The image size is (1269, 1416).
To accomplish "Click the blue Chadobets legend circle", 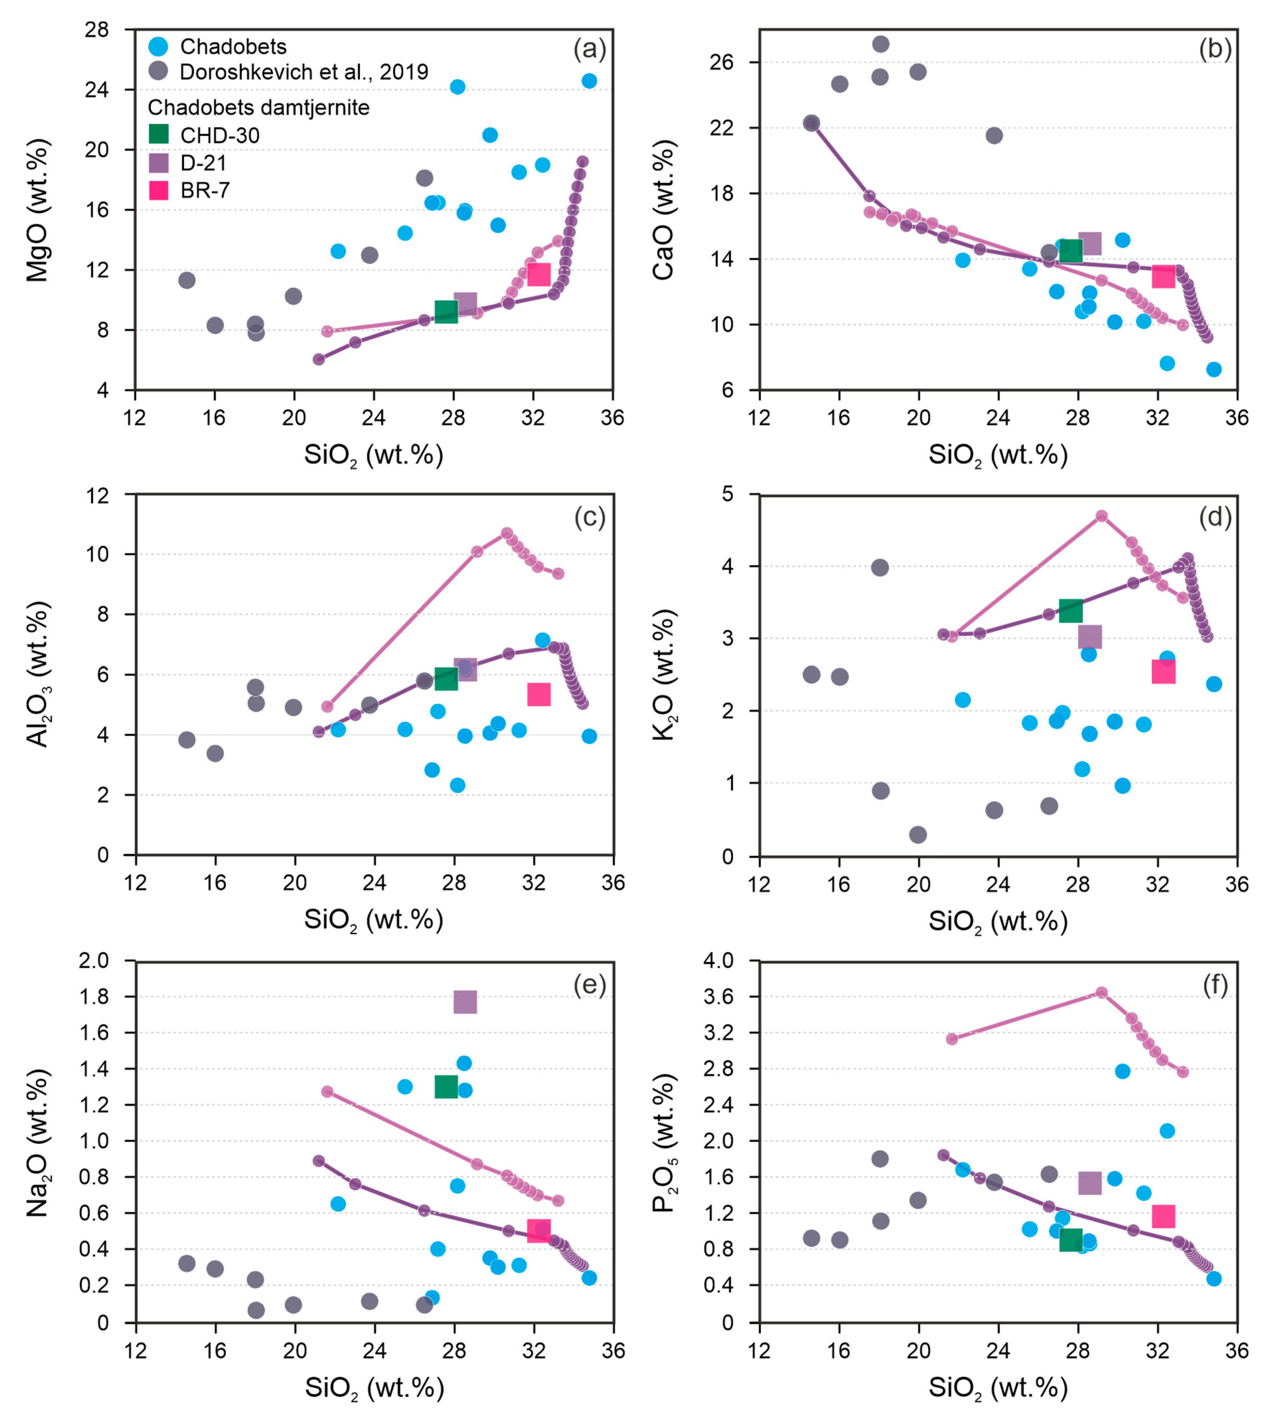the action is tap(159, 46).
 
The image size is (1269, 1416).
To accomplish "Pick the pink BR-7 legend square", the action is tap(159, 189).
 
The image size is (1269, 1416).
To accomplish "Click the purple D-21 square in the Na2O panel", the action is tap(465, 1001).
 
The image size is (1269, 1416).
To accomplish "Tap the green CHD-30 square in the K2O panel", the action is tap(1070, 610).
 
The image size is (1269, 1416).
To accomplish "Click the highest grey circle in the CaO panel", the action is tap(881, 44).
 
